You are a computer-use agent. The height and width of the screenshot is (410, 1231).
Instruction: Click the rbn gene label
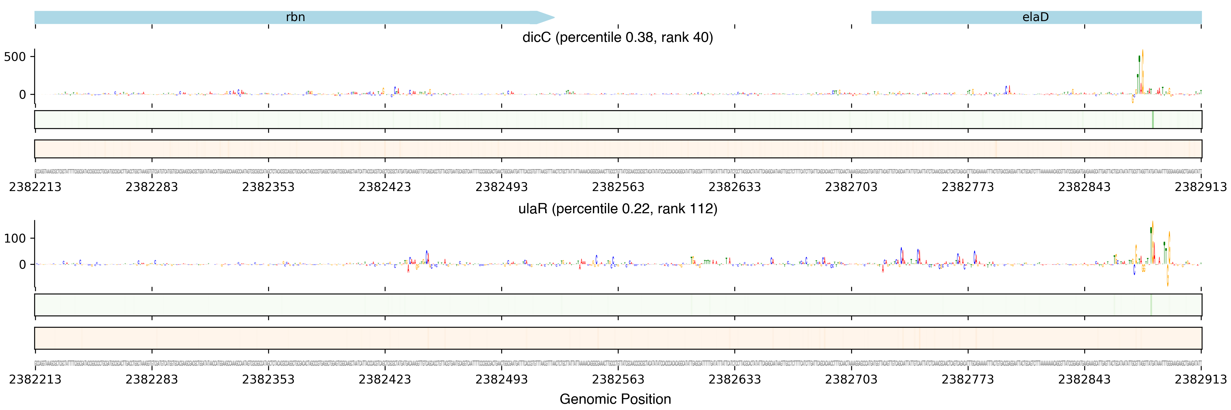(x=295, y=17)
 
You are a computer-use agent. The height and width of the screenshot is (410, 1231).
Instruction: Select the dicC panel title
(x=617, y=37)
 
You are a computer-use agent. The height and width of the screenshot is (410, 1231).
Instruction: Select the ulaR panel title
(x=617, y=209)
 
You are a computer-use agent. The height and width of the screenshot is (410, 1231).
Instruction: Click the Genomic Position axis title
(x=615, y=399)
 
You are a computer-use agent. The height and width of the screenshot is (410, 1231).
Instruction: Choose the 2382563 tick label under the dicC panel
(x=618, y=186)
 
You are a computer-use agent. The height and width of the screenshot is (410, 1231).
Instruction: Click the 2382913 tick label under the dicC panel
(x=1201, y=186)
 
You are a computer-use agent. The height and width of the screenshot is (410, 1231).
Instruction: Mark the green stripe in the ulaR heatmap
(x=1151, y=305)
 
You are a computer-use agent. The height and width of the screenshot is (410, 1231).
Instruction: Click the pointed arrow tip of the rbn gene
(x=553, y=18)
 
